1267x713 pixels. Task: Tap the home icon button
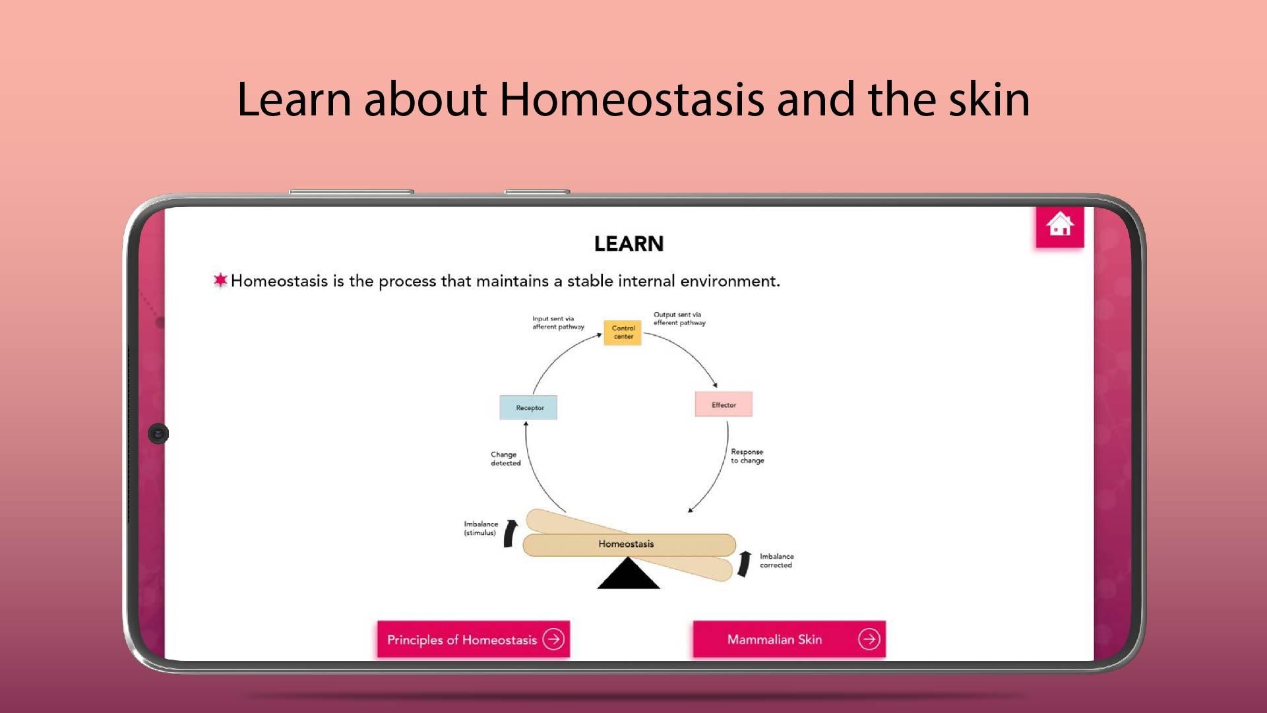(1060, 226)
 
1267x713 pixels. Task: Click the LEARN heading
(629, 244)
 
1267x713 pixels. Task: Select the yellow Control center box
(623, 332)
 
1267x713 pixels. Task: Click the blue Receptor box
(528, 408)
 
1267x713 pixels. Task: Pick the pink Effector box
(724, 404)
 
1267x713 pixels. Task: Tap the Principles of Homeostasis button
(474, 639)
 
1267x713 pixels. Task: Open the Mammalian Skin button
(789, 639)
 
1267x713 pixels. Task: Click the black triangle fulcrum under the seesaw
(629, 574)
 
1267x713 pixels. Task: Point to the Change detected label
(505, 458)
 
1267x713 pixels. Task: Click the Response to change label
(747, 456)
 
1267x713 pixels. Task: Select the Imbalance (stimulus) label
(481, 528)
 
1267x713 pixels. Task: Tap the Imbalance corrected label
(776, 561)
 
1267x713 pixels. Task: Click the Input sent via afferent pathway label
(558, 323)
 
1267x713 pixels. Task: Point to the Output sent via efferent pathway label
(679, 319)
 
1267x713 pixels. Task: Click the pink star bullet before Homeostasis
(220, 280)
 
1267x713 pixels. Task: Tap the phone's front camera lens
(158, 433)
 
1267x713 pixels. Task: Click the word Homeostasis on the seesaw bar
(626, 544)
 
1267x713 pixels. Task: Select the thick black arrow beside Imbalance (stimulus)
(510, 534)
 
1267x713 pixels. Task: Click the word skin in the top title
(989, 99)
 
